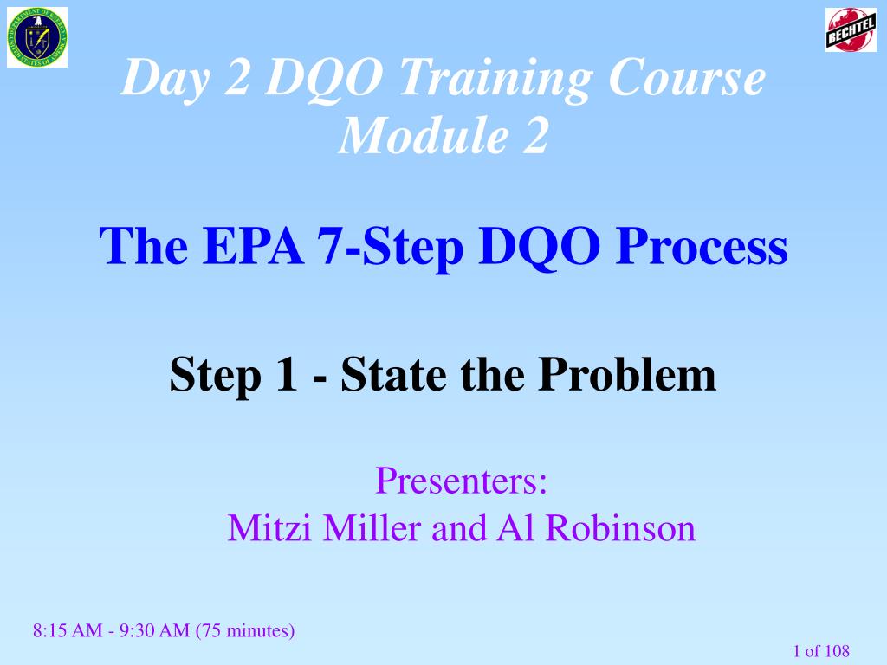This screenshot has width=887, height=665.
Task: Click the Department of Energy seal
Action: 36,37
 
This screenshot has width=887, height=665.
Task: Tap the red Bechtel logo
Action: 851,30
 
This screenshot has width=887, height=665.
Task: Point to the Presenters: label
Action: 461,480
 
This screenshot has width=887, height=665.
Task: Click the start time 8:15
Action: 50,631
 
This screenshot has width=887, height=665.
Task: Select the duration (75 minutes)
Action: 246,631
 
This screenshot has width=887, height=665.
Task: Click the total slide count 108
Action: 837,651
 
